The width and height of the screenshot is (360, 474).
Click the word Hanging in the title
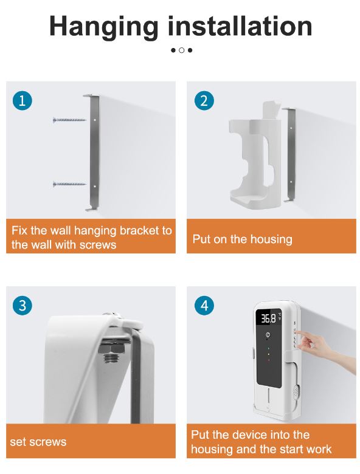(x=103, y=27)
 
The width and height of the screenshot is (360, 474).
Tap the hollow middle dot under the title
(x=181, y=50)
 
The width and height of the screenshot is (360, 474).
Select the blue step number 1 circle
(x=22, y=100)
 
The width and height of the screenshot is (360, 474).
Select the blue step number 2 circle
(x=204, y=100)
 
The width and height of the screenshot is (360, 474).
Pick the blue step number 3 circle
(x=22, y=305)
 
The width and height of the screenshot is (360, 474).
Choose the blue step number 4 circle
(x=204, y=305)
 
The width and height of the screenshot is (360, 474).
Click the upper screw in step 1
(x=69, y=120)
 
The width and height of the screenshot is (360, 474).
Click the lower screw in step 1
(x=69, y=184)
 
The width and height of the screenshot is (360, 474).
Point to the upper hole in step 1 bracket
(x=95, y=120)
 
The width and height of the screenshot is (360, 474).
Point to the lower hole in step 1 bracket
(x=95, y=187)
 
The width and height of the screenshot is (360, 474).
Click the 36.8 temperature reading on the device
(x=268, y=318)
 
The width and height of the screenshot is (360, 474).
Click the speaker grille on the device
(x=296, y=392)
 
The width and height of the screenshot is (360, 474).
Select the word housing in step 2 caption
(x=271, y=239)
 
